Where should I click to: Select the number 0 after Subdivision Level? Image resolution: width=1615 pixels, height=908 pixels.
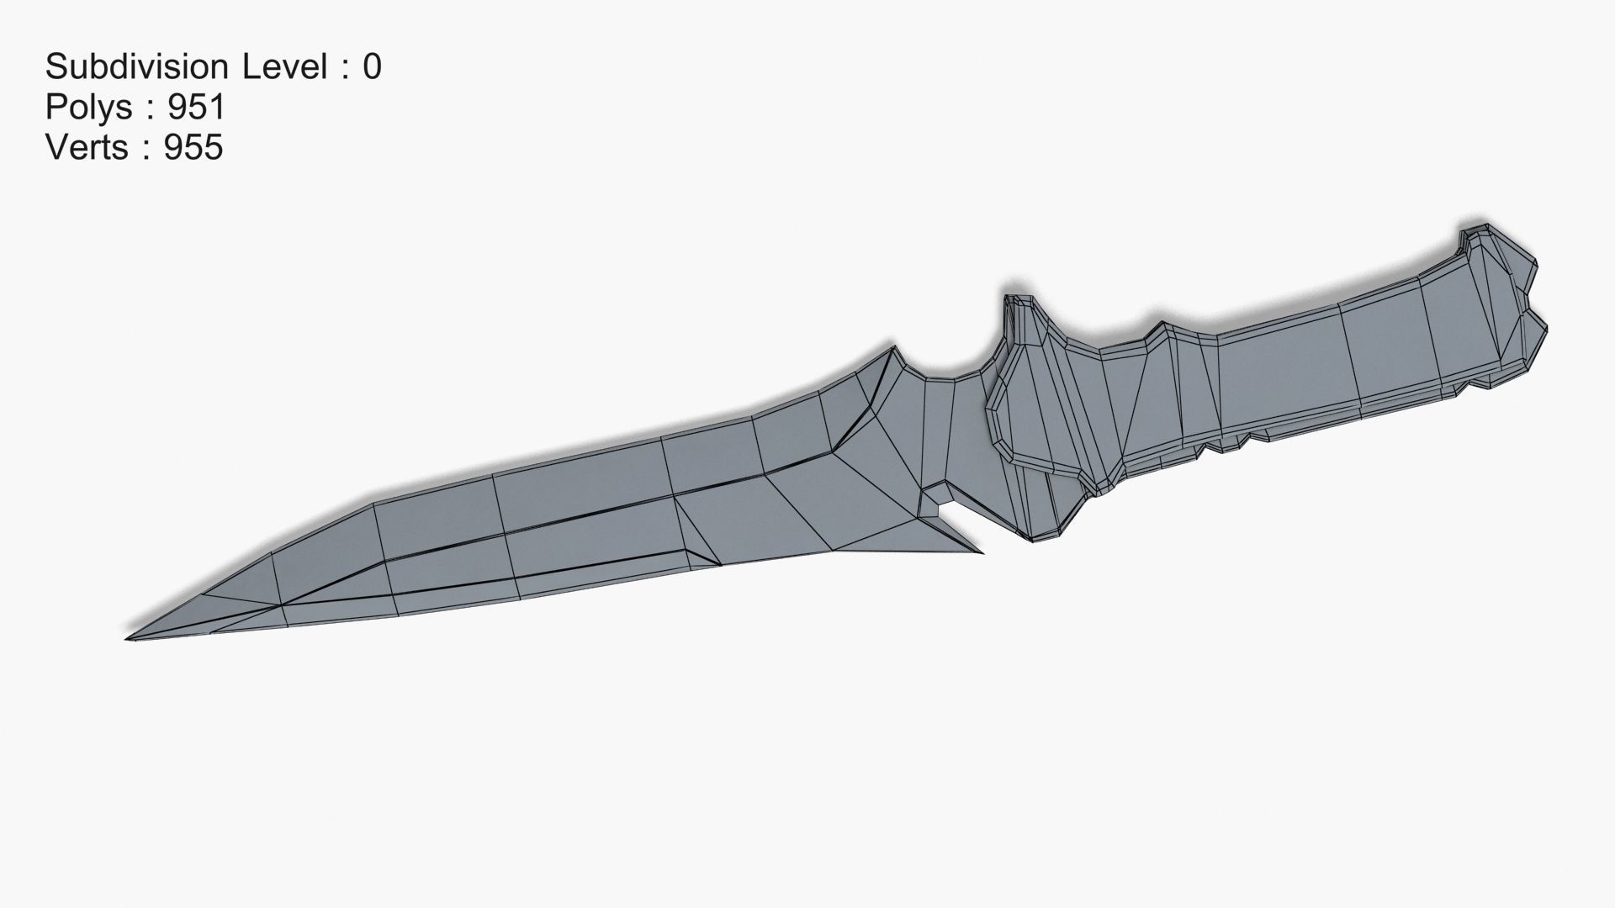click(x=372, y=66)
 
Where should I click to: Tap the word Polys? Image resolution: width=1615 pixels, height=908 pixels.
click(x=88, y=107)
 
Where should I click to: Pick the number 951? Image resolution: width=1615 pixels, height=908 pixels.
click(x=196, y=107)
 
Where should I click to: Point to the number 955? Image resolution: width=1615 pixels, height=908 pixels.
click(x=193, y=147)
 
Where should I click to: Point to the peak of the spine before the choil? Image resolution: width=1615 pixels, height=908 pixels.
click(x=889, y=348)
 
